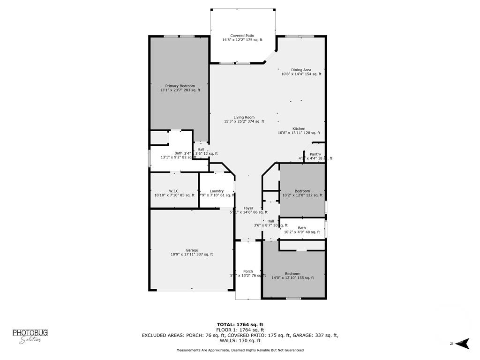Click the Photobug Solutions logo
click(x=30, y=336)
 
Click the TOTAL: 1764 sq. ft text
click(x=240, y=324)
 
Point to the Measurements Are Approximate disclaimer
click(x=240, y=350)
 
